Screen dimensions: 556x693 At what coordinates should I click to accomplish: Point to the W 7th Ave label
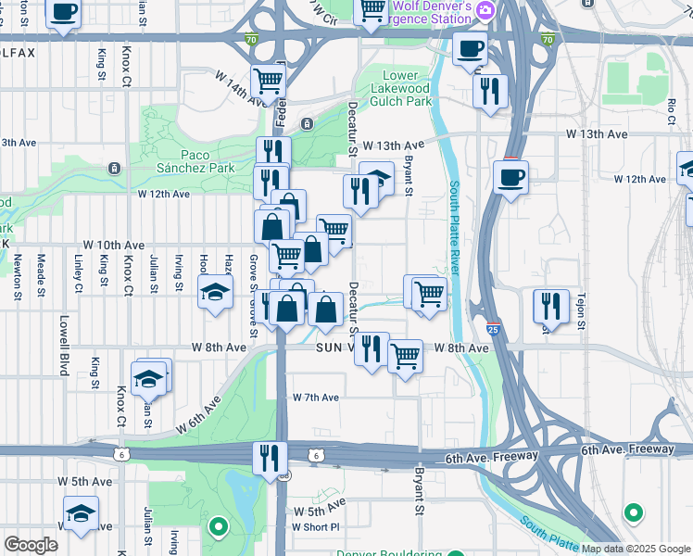tap(316, 397)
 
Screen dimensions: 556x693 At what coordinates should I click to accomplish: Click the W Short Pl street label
tap(316, 526)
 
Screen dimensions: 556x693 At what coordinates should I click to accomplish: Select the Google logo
tap(31, 545)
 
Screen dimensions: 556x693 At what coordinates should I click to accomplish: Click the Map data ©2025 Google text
tap(636, 549)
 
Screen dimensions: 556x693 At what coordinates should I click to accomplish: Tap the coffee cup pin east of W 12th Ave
tap(510, 176)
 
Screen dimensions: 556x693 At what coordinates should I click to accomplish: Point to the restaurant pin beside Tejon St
tap(551, 305)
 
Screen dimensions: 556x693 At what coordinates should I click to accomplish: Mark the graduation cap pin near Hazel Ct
tap(215, 293)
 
